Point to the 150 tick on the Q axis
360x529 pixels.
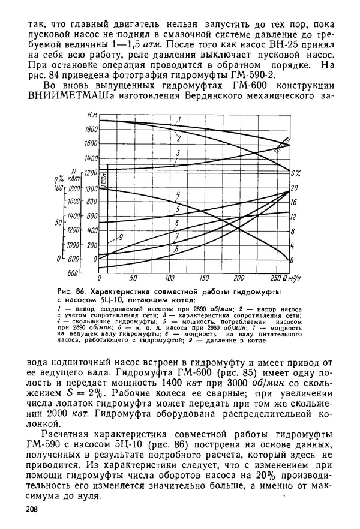pyautogui.click(x=204, y=278)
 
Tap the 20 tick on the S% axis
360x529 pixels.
pyautogui.click(x=293, y=188)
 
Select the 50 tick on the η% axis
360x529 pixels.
pyautogui.click(x=59, y=222)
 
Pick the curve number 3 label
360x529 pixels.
pyautogui.click(x=178, y=154)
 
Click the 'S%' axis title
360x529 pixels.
pyautogui.click(x=296, y=173)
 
